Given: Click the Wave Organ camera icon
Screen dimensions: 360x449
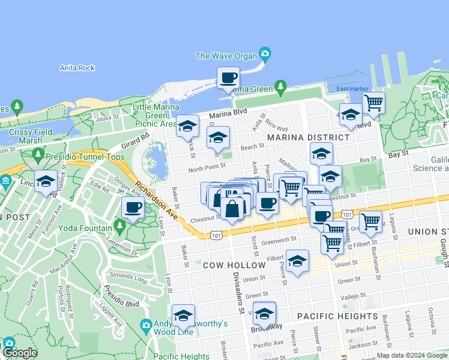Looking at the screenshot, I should pyautogui.click(x=265, y=55).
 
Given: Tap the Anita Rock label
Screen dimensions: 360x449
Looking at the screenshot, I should pyautogui.click(x=77, y=68).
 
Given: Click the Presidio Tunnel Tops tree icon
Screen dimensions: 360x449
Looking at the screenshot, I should pyautogui.click(x=38, y=154).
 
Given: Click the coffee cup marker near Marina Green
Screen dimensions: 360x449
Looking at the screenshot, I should pyautogui.click(x=228, y=78).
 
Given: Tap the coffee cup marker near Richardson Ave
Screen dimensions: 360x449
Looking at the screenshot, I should pyautogui.click(x=133, y=208).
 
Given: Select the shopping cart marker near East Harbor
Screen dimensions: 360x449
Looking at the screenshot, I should pyautogui.click(x=373, y=103).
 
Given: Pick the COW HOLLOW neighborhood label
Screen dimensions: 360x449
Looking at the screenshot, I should pyautogui.click(x=234, y=265).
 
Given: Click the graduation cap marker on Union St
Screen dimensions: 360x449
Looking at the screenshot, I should pyautogui.click(x=297, y=261).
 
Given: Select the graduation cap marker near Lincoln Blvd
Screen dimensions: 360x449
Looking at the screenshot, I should pyautogui.click(x=46, y=181).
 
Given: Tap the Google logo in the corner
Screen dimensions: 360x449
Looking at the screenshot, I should pyautogui.click(x=19, y=352).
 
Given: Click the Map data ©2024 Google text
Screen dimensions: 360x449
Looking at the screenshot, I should pyautogui.click(x=412, y=355).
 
